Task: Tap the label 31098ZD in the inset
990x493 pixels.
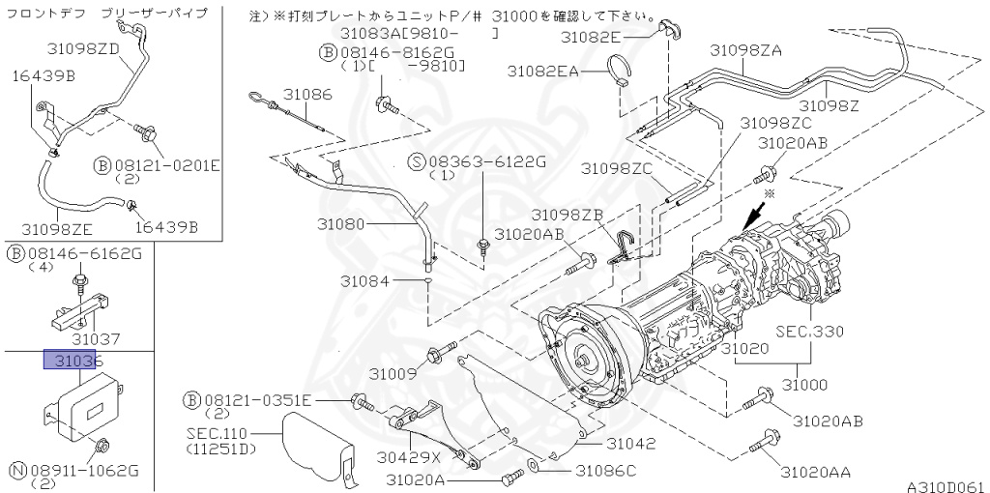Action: tap(83, 48)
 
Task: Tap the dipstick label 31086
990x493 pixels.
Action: tap(307, 94)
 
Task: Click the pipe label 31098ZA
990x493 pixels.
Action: tap(745, 49)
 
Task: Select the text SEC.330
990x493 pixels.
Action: tap(810, 331)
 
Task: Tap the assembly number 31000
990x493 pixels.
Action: tap(798, 384)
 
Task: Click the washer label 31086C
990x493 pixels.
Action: tap(606, 471)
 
